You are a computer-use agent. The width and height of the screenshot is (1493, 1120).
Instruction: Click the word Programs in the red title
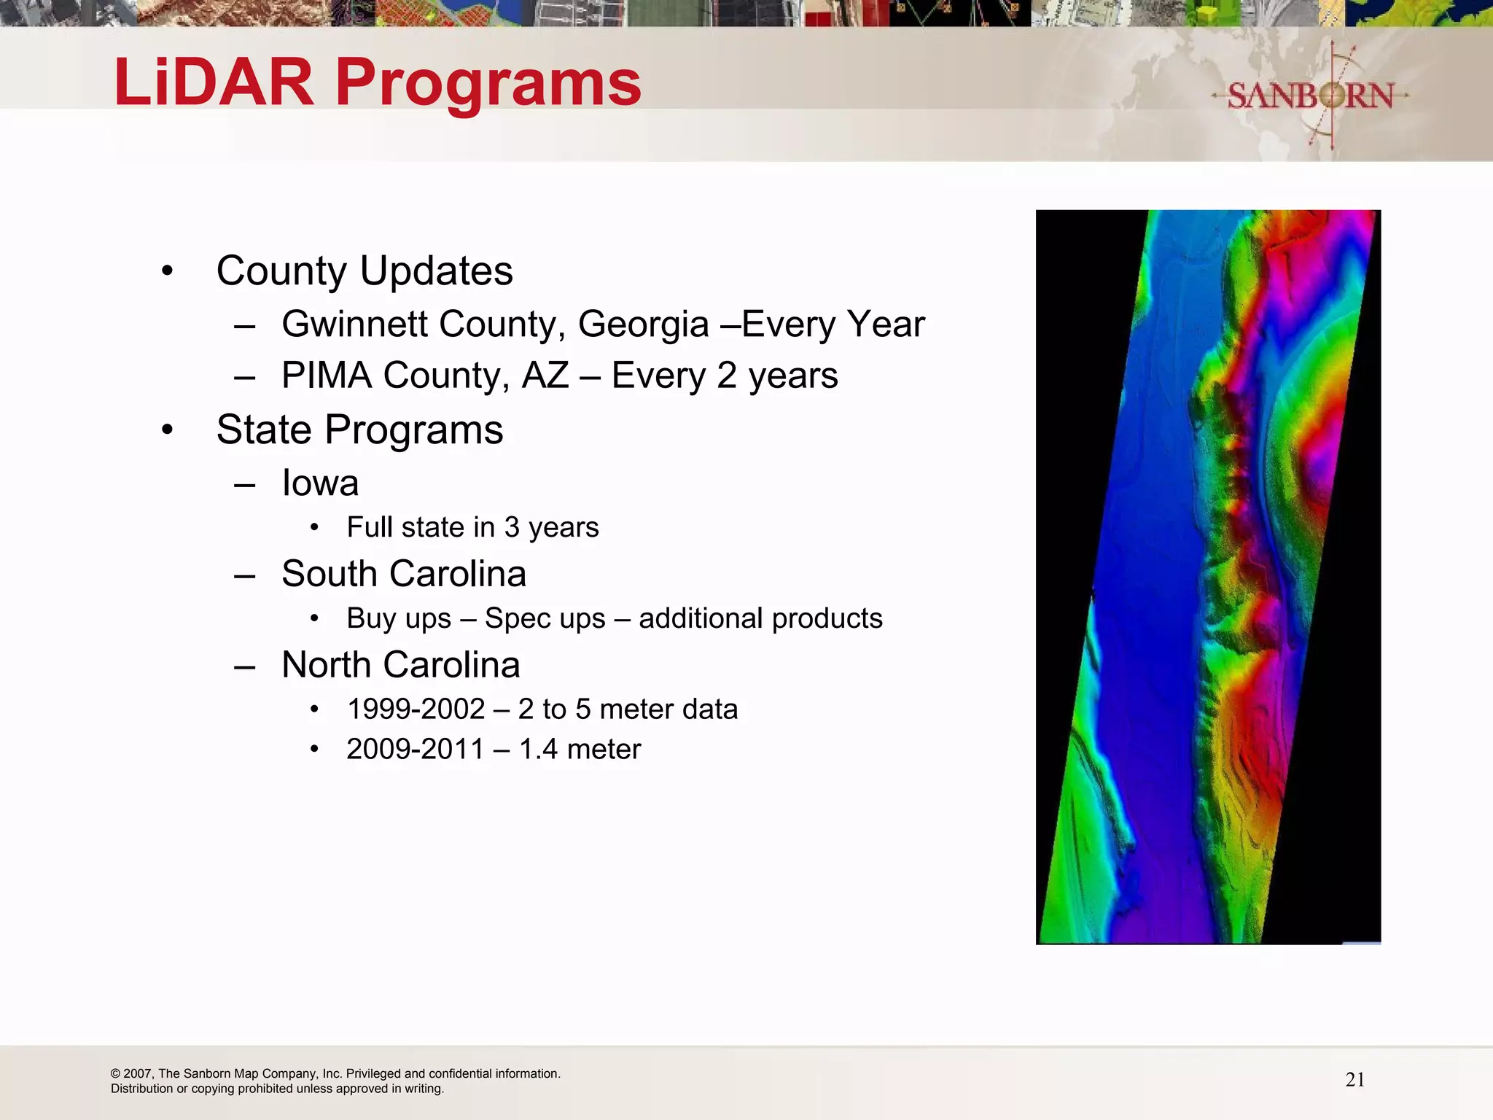click(x=488, y=83)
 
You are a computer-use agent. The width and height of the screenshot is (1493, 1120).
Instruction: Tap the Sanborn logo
click(x=1310, y=96)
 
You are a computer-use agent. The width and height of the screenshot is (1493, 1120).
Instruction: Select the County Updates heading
click(x=365, y=271)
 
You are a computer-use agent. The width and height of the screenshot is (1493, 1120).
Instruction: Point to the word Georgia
click(x=643, y=324)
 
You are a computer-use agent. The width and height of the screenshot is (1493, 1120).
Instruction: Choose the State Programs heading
click(x=359, y=429)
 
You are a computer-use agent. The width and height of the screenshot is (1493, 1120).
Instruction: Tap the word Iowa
click(x=320, y=483)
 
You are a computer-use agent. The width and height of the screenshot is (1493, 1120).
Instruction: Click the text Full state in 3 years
click(x=472, y=527)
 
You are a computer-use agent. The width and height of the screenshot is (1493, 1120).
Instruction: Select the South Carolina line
click(x=404, y=574)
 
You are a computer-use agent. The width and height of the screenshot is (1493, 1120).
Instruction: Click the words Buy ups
click(x=399, y=618)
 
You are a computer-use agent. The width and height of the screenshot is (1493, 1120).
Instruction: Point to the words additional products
click(x=760, y=618)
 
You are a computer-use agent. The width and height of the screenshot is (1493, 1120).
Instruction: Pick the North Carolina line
click(x=401, y=665)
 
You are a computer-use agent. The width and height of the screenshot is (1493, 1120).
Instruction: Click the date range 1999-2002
click(x=416, y=709)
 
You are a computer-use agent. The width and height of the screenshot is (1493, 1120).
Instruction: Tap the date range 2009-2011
click(x=416, y=749)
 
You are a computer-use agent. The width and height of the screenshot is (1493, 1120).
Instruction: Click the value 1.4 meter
click(x=580, y=749)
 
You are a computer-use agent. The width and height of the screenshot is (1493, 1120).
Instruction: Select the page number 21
click(x=1354, y=1080)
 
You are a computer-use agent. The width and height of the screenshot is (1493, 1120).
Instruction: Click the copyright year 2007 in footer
click(x=137, y=1073)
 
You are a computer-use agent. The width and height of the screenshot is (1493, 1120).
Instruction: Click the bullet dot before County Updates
click(x=168, y=271)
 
